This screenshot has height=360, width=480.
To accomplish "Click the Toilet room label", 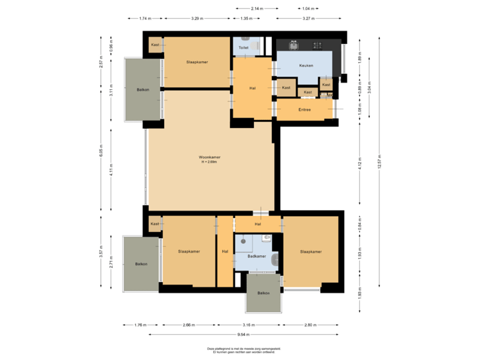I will coord(243,48).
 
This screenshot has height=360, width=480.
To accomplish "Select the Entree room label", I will coord(305,109).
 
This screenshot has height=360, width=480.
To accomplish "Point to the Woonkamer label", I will coord(209,157).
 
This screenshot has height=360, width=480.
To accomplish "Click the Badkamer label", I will coord(257,256).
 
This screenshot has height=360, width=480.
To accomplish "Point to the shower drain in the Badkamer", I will coord(244,241).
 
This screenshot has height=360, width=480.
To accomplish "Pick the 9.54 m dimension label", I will coord(244,334).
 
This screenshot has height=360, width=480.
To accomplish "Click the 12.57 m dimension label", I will coord(380,165).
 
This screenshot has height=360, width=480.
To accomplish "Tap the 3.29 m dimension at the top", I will coord(197,19).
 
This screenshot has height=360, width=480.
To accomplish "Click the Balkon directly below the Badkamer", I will coord(264,293).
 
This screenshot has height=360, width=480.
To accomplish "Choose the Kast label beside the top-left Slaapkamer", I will coord(155,45).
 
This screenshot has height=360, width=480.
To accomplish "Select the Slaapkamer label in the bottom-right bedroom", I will coord(311,251).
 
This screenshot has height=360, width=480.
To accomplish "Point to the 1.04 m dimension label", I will coord(308,9).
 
